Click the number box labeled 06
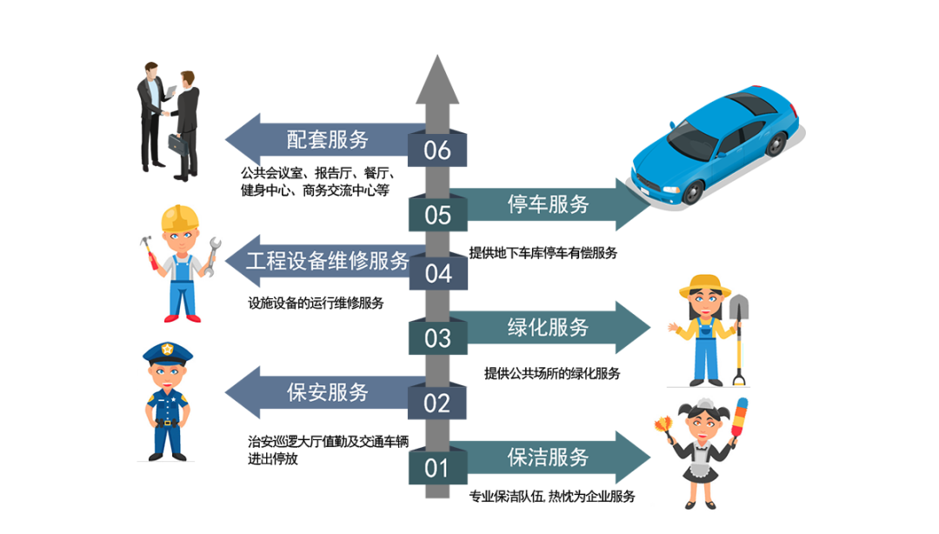(437, 150)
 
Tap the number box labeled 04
(437, 274)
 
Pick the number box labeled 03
(437, 337)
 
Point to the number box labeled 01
(437, 468)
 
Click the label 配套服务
(328, 139)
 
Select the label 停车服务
(548, 204)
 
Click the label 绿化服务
(548, 327)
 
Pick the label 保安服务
(328, 392)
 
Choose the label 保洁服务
(548, 457)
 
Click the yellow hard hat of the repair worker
(181, 217)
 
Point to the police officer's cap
(167, 352)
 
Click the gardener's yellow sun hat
(703, 284)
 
